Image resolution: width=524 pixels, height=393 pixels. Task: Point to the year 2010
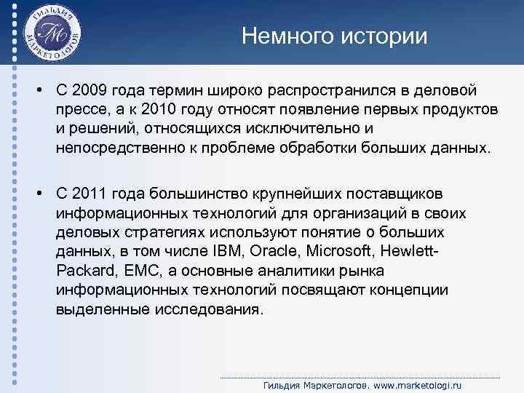click(159, 110)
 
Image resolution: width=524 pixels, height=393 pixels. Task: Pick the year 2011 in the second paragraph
click(91, 194)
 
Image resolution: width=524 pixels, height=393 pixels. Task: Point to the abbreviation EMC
click(141, 271)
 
